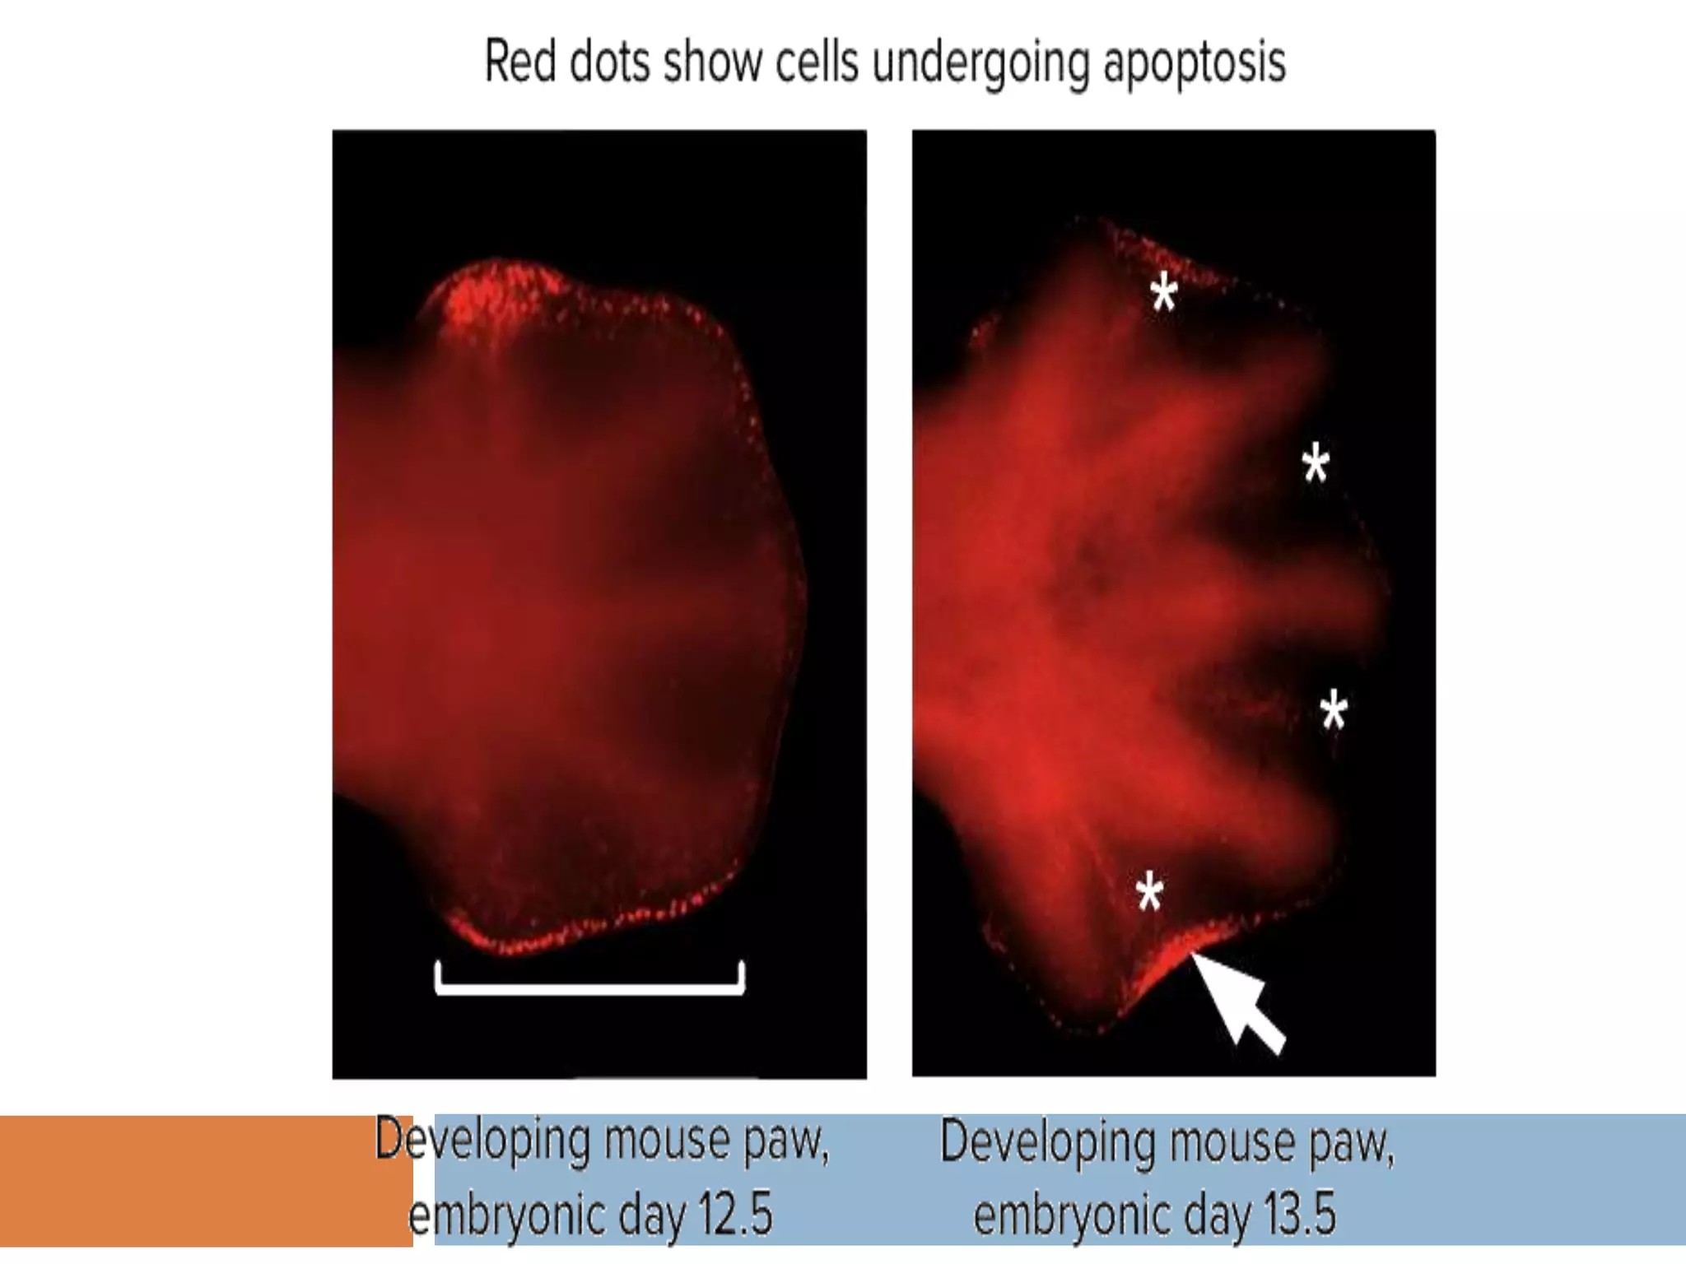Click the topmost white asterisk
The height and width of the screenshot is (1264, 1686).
pos(1163,294)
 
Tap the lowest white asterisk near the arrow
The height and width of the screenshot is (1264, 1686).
pos(1149,894)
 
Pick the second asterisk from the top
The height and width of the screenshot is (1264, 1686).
pos(1316,463)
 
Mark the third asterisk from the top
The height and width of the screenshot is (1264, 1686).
pos(1334,711)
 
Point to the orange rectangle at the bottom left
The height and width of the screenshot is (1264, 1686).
pos(206,1180)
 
